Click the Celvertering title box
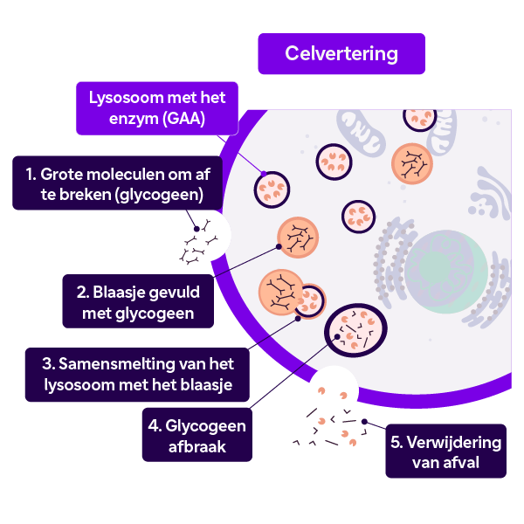pos(341,53)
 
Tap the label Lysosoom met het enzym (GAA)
pos(157,108)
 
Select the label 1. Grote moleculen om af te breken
pos(118,183)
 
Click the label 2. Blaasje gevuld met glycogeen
pos(138,301)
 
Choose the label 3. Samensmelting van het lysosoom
pos(137,375)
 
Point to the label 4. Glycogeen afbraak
pos(197,435)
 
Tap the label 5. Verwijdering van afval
pos(445,452)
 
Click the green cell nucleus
pos(445,272)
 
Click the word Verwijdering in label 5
pos(454,443)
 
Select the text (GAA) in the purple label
pos(183,119)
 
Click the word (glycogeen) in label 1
pos(159,195)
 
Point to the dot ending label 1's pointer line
pos(196,229)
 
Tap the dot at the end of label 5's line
pos(364,422)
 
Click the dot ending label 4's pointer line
pos(337,336)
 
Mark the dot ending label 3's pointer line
pos(298,319)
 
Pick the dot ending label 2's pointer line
pos(279,246)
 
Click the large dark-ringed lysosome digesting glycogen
pos(355,330)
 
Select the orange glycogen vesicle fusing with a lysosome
pos(281,293)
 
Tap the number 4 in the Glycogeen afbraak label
pos(154,426)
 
